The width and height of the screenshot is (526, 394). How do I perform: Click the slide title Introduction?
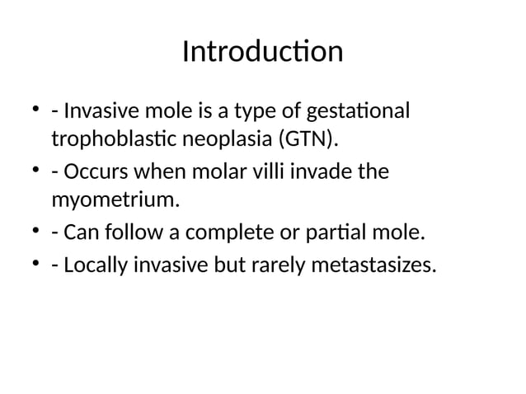[x=262, y=52]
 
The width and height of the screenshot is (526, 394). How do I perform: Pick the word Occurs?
[x=90, y=173]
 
